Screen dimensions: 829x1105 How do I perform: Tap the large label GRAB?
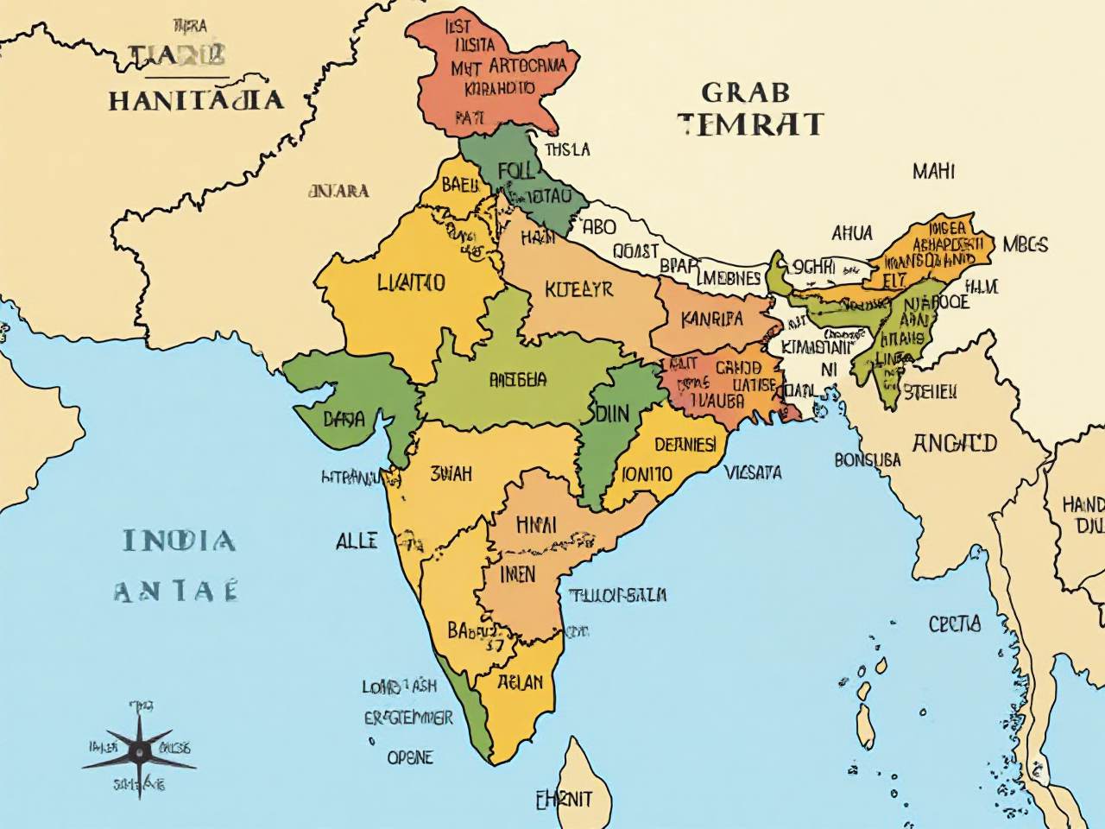[x=745, y=92]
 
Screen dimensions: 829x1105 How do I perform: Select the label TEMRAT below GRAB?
[x=750, y=124]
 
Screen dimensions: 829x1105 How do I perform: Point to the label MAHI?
[x=933, y=172]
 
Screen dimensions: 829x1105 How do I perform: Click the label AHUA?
[x=852, y=233]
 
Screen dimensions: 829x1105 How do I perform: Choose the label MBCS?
[x=1026, y=244]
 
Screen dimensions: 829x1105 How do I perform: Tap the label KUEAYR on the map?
[x=578, y=289]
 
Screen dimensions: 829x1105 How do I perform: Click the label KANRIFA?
[x=711, y=319]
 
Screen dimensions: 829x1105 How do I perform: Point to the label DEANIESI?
[x=685, y=445]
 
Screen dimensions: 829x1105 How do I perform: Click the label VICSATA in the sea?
[x=753, y=472]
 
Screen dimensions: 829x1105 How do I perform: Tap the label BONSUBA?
[x=867, y=460]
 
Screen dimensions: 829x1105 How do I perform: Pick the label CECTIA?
[x=954, y=623]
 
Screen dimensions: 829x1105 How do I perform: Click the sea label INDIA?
[x=179, y=541]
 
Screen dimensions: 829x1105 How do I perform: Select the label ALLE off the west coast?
[x=356, y=541]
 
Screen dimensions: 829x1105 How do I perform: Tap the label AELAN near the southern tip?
[x=521, y=682]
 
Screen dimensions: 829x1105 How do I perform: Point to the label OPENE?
[x=410, y=757]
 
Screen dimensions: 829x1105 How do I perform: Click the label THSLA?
[x=568, y=150]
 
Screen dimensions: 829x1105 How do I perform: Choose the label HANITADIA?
[x=196, y=100]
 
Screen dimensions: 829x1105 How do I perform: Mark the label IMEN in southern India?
[x=518, y=574]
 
